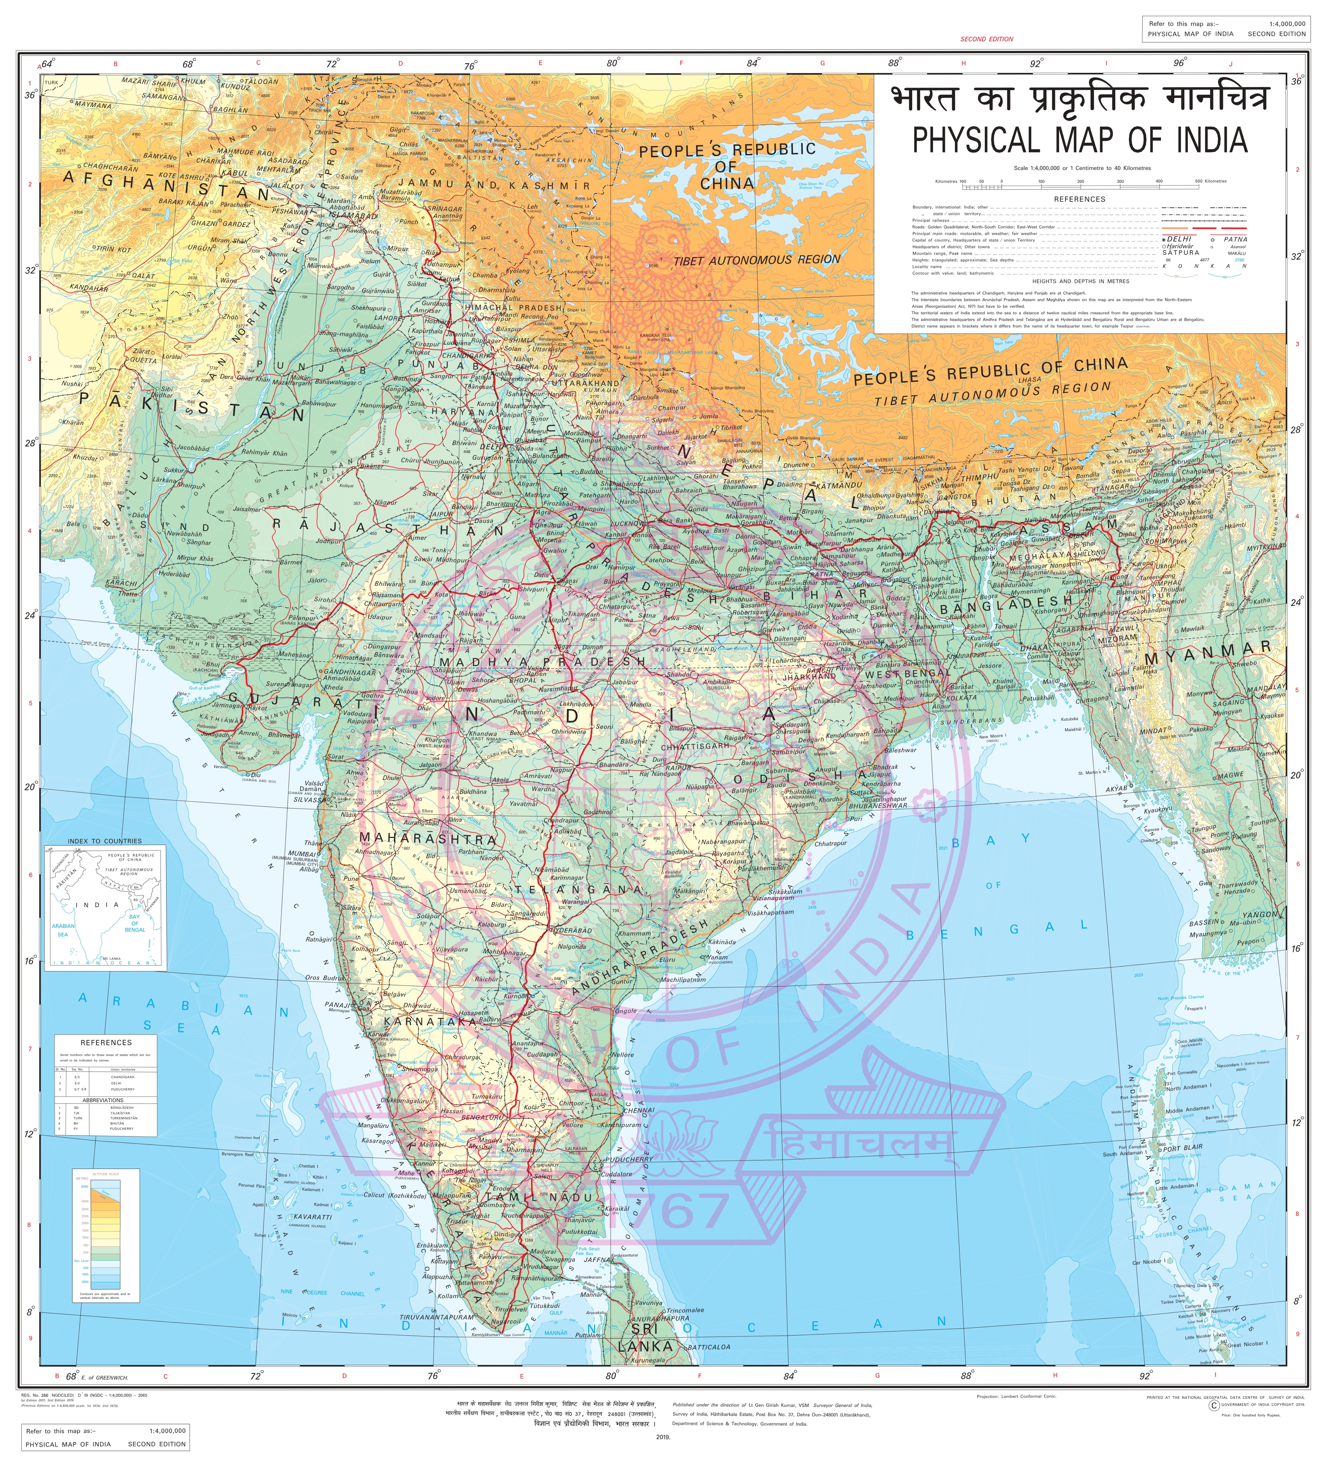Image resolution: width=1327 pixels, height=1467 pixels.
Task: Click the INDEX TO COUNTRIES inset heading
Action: (x=105, y=841)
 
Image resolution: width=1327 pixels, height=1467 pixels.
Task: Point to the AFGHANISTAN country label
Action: (x=166, y=185)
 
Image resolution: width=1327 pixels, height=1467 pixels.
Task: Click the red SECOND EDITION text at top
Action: (x=986, y=39)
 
